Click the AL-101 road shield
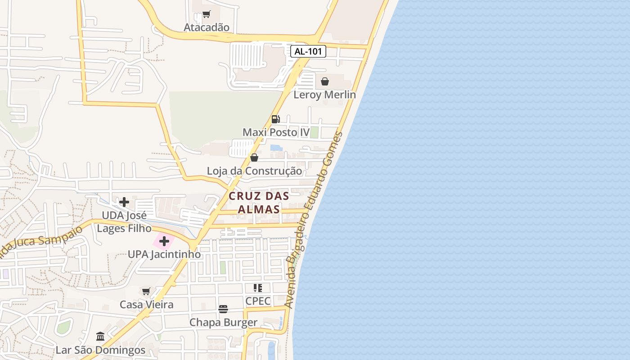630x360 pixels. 308,51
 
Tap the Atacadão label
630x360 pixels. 207,27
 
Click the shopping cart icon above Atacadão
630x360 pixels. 206,14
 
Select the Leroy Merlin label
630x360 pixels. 324,94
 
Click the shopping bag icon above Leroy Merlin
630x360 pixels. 324,81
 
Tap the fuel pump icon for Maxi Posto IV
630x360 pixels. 275,119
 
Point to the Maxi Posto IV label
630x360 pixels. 276,132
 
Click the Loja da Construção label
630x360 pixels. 254,171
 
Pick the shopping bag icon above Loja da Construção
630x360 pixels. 254,157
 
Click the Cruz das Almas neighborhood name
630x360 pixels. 258,202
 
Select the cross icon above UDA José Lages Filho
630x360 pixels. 124,202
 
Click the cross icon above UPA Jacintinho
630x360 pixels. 164,241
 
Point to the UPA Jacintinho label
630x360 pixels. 164,254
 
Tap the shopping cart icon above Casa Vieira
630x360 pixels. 146,291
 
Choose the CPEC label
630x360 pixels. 258,301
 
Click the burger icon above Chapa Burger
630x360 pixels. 223,309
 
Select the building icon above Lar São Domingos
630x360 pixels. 100,337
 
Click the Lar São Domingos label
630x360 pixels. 100,350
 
